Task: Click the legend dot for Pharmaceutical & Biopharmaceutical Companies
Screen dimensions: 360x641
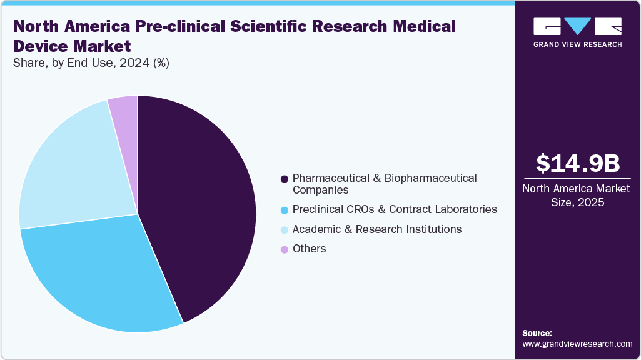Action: [285, 179]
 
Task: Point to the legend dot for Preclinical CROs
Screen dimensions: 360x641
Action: [285, 210]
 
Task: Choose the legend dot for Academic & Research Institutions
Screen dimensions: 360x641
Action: [285, 230]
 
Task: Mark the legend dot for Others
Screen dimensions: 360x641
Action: [285, 249]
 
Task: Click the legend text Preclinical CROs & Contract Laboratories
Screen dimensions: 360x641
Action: [395, 209]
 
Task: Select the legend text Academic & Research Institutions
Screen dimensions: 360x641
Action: [377, 229]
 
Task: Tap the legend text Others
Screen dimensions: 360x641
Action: [310, 249]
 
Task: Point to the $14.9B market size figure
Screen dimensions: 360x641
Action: [578, 163]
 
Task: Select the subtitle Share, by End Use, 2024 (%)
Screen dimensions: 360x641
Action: [91, 62]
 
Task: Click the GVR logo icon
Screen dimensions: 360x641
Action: [577, 26]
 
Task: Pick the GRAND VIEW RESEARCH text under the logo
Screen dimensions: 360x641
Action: [577, 44]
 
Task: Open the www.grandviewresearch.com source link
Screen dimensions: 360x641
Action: [577, 344]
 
